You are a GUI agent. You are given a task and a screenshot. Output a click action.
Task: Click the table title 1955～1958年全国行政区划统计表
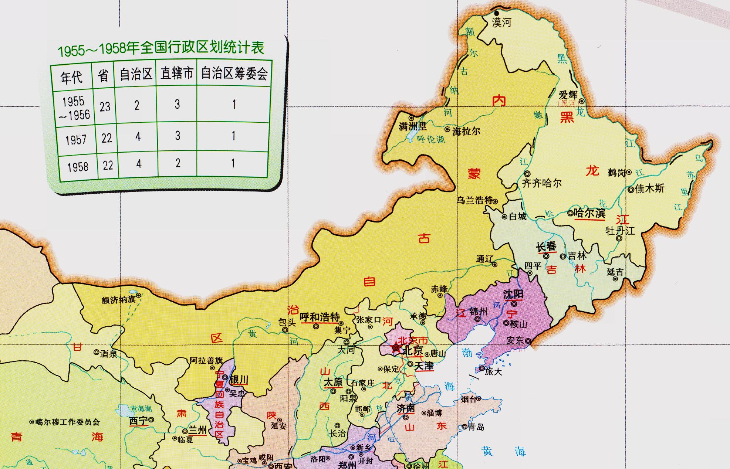click(161, 49)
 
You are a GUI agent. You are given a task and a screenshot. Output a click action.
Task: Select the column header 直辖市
click(177, 74)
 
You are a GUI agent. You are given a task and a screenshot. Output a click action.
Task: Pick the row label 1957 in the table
click(76, 140)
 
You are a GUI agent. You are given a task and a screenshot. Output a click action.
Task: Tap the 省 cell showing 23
click(105, 106)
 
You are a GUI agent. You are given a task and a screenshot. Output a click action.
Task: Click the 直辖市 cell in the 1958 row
click(178, 163)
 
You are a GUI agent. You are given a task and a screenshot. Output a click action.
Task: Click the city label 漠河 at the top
click(501, 23)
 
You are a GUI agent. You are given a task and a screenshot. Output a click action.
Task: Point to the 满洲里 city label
click(412, 126)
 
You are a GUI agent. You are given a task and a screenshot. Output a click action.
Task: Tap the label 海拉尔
click(466, 131)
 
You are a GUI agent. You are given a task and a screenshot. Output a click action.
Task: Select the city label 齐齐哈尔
click(542, 183)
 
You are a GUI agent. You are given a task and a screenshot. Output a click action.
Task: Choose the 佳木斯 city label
click(649, 189)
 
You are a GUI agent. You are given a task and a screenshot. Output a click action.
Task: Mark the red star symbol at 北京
click(396, 348)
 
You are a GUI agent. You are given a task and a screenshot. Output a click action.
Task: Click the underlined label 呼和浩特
click(320, 317)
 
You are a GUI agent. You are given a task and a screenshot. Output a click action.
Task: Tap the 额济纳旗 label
click(118, 300)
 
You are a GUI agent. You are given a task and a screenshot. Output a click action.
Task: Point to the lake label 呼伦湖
click(430, 139)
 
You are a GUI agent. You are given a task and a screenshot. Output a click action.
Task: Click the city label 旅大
click(494, 371)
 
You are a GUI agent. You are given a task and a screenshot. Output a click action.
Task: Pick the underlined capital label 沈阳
click(513, 294)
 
